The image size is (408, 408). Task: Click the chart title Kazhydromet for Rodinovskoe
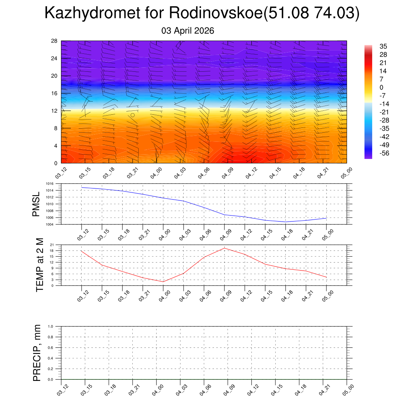[202, 13]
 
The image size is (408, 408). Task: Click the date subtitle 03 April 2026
[188, 31]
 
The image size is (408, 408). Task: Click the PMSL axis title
[36, 204]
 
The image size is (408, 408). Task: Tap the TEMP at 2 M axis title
[39, 265]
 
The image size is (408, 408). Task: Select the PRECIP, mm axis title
[37, 353]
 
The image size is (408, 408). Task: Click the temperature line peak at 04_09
[224, 248]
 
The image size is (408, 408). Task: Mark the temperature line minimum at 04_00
[163, 282]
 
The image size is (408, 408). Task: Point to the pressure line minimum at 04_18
[285, 222]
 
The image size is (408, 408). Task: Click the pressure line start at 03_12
[81, 187]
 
